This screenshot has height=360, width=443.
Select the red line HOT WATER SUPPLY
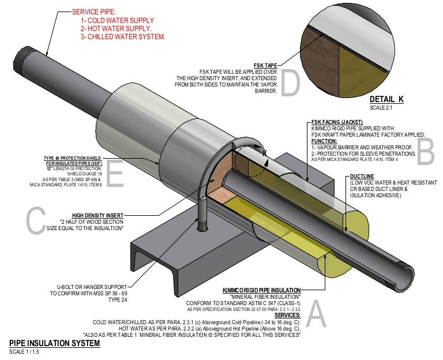(116, 28)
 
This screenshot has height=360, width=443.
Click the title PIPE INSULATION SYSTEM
(54, 344)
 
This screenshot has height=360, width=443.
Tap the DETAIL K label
(386, 99)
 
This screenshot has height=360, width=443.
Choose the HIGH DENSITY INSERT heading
(97, 215)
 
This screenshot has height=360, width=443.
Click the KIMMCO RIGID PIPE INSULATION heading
(261, 290)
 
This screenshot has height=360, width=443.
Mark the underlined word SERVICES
(287, 315)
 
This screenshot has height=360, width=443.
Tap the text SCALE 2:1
(381, 108)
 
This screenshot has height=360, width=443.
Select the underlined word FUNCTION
(324, 141)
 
